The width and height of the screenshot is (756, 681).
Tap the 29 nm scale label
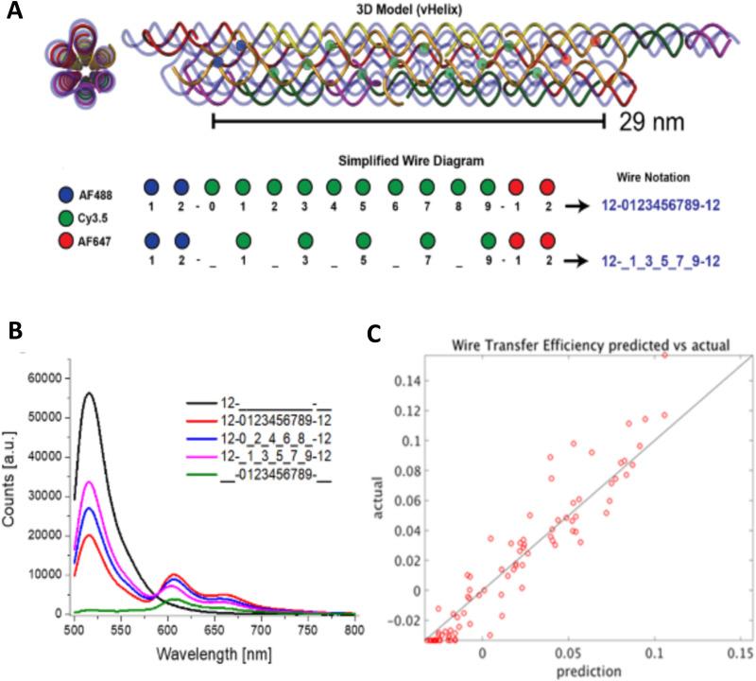tap(652, 121)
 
